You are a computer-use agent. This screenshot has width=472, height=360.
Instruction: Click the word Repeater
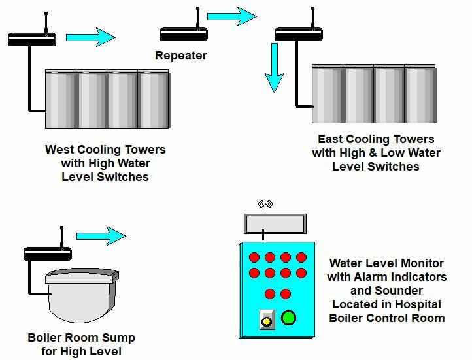pos(180,56)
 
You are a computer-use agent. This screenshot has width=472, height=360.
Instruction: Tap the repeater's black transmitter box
pos(184,33)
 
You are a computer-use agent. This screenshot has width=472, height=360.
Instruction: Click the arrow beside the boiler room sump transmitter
pos(100,235)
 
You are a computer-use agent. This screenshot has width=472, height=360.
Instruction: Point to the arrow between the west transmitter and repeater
pos(90,37)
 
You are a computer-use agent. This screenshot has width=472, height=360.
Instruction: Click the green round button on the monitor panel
pos(289,318)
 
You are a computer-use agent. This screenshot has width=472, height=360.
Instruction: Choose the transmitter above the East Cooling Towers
pos(299,33)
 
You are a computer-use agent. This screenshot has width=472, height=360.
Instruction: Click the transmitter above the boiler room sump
pos(48,253)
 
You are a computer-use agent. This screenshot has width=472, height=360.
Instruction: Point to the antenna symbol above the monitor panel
pos(265,205)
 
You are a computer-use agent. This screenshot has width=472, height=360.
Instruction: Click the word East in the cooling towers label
pos(331,139)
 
